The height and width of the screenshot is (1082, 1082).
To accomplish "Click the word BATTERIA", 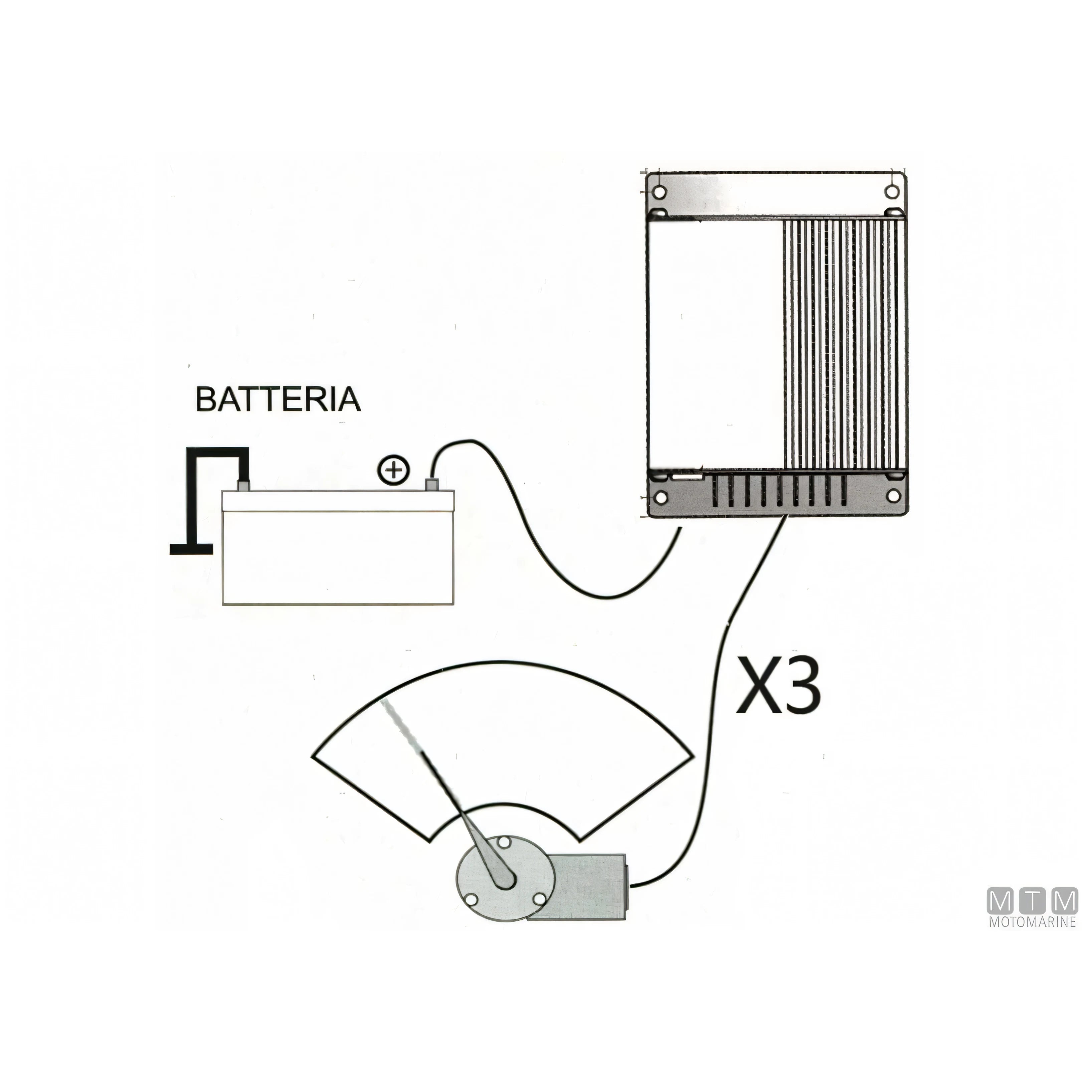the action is (x=278, y=399).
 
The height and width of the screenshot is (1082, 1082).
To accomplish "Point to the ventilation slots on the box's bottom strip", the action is (x=779, y=491).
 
